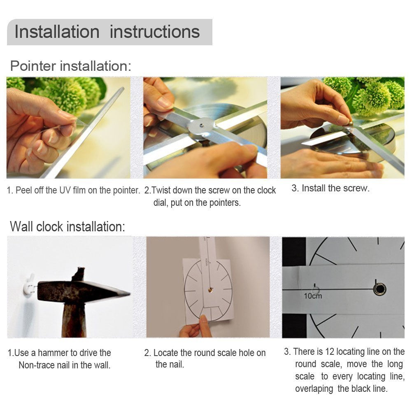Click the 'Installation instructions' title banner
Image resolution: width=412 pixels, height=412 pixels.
[109, 32]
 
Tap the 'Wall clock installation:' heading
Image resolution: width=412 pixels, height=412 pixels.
[68, 226]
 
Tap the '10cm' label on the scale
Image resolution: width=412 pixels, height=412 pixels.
[313, 296]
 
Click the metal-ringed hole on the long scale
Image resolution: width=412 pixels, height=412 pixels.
[379, 289]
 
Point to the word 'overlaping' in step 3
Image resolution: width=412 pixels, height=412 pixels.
[314, 389]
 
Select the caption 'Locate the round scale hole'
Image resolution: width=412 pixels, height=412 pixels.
[205, 353]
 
